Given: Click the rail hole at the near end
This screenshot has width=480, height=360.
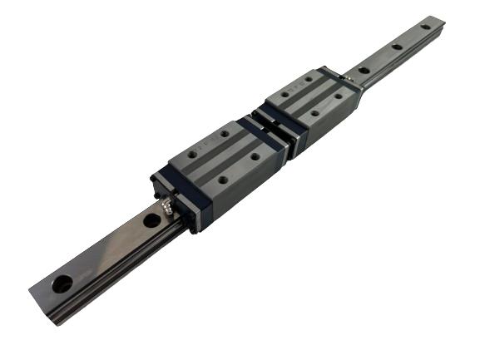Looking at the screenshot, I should tap(62, 284).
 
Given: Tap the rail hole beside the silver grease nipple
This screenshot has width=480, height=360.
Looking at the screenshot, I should tap(151, 220).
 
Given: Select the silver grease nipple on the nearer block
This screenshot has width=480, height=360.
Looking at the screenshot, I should tap(168, 205).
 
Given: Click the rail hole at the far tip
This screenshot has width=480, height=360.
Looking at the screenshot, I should tap(425, 27).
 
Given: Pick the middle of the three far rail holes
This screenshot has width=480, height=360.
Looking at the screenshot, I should tap(396, 47).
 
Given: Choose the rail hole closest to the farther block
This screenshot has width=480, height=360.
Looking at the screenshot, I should tap(364, 70).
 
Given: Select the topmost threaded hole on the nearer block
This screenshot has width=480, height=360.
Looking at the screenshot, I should tap(225, 132).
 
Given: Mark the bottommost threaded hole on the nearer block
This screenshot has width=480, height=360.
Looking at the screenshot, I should tap(223, 179).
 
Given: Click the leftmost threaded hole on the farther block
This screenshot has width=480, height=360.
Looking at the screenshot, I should tap(285, 94).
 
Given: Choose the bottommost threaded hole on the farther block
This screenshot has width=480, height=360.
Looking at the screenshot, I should tap(314, 113).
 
